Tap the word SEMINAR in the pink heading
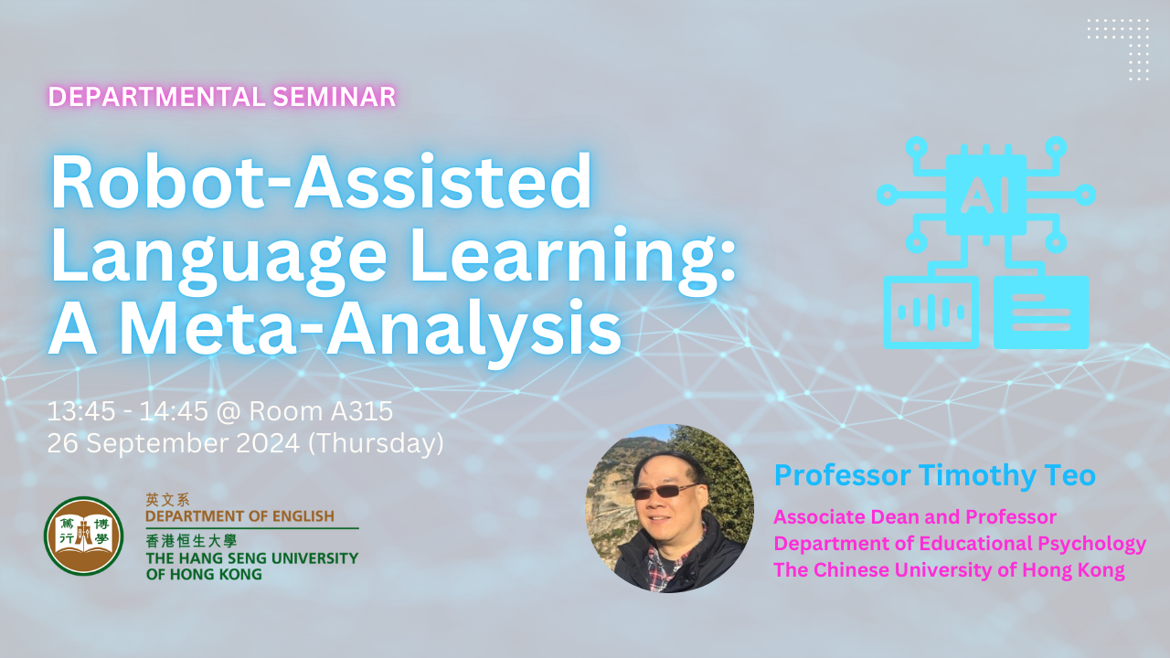(x=335, y=97)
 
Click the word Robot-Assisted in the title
(x=321, y=182)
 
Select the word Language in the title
(x=218, y=260)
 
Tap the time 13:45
(x=81, y=411)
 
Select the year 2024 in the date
(x=269, y=443)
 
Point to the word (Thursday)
(x=376, y=443)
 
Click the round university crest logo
(x=83, y=536)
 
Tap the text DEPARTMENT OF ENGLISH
(x=239, y=516)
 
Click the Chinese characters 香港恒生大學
(x=191, y=540)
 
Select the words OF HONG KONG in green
(x=204, y=574)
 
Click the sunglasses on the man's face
(x=663, y=491)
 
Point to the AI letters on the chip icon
(x=986, y=195)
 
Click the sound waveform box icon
(x=931, y=313)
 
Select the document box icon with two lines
(x=1041, y=313)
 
